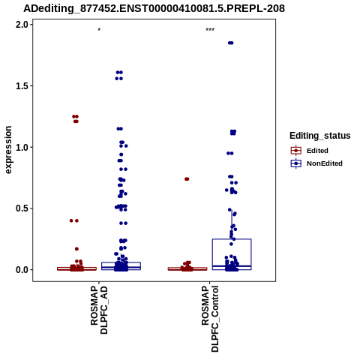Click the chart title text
(x=154, y=8)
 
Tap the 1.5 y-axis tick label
(x=21, y=86)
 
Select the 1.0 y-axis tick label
(x=21, y=147)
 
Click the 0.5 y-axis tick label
(x=21, y=208)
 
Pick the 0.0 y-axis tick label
(x=21, y=270)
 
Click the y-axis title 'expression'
(x=8, y=150)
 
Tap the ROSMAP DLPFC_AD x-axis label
(x=99, y=310)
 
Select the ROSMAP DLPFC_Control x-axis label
(x=210, y=319)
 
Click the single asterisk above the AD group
(x=99, y=30)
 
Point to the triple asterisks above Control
(x=210, y=30)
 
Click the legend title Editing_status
(x=320, y=136)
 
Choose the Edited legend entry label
(x=317, y=151)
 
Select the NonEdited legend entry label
(x=325, y=163)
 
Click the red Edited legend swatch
(x=296, y=151)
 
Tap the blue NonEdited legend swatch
(x=296, y=163)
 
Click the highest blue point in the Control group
(x=230, y=43)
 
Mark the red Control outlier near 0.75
(x=187, y=179)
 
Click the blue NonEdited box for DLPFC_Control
(x=232, y=239)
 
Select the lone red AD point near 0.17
(x=76, y=249)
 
